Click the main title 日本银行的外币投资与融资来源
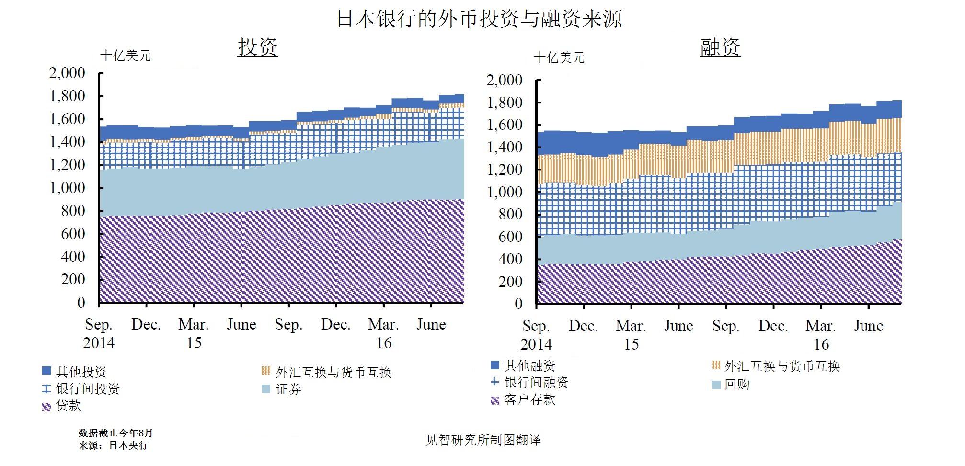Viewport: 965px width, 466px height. point(479,19)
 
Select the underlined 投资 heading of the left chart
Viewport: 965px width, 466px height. point(258,47)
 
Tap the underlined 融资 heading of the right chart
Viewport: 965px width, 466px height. point(720,47)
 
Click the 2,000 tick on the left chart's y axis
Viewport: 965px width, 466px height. point(67,73)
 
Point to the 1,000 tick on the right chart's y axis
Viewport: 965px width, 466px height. point(505,192)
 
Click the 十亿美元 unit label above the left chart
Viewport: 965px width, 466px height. point(126,56)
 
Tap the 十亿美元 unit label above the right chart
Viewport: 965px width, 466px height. point(559,58)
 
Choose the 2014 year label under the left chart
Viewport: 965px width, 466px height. point(99,343)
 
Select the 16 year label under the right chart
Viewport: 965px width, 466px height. point(821,344)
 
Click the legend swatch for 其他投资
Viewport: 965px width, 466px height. point(46,371)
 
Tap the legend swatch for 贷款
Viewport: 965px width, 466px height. point(46,407)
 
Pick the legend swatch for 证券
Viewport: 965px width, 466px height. point(266,389)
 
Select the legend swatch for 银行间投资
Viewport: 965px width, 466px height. point(46,389)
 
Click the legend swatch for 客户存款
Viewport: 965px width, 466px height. point(495,400)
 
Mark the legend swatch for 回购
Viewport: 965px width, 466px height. point(716,385)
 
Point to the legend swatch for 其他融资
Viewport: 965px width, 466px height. point(495,365)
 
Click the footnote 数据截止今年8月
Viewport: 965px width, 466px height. point(115,433)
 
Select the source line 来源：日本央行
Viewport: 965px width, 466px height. point(113,445)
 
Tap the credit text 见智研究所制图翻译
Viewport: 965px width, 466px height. point(483,440)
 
